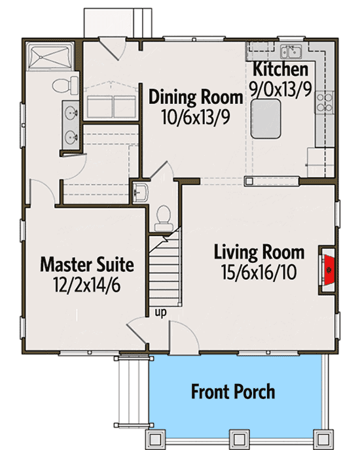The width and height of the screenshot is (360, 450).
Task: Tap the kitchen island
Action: tap(266, 119)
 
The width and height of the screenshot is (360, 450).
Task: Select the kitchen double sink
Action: tap(291, 52)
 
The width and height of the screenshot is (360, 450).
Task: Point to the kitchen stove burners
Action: tap(325, 103)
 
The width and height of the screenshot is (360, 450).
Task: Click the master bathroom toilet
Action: tap(65, 85)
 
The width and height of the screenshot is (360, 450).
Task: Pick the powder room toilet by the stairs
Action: tap(164, 218)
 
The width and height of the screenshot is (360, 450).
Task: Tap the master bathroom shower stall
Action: tap(50, 56)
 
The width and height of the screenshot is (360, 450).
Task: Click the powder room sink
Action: tap(141, 192)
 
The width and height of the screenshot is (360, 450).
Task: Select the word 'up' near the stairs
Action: tap(160, 312)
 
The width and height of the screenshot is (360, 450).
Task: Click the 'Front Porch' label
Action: tap(233, 391)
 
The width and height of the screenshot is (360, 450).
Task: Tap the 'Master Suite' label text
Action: tap(87, 264)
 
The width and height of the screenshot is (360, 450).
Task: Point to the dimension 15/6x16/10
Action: tap(259, 272)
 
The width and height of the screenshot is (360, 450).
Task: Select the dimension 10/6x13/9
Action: tap(196, 117)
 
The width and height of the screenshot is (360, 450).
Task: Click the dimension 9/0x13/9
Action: tap(280, 89)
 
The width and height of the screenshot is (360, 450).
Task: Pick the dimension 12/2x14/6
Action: tap(87, 285)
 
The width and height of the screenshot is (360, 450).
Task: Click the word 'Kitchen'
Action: tap(280, 69)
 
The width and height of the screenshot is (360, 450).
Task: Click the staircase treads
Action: tap(164, 273)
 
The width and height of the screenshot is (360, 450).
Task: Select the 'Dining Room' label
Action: tap(196, 97)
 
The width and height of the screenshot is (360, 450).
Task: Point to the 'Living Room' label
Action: tap(259, 252)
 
